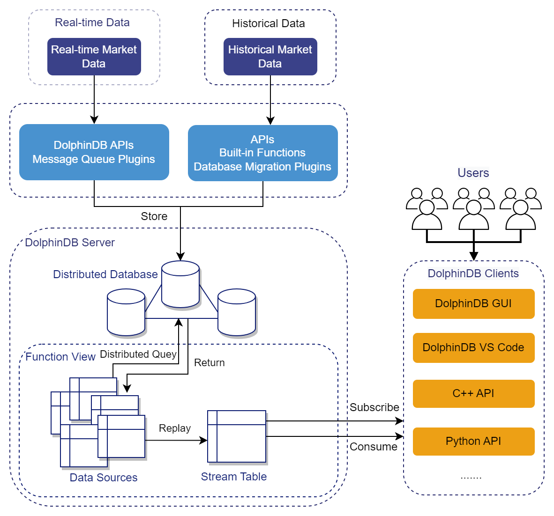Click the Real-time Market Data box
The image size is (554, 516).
(94, 57)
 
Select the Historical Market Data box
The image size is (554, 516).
(270, 57)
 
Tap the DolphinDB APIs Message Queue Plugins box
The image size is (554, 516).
(94, 152)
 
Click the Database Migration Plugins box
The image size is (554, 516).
(262, 153)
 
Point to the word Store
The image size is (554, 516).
(154, 216)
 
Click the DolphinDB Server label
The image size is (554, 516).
(70, 243)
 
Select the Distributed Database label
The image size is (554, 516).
(105, 274)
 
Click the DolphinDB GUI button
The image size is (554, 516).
(473, 304)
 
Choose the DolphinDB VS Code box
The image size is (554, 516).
(473, 348)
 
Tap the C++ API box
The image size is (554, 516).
(473, 394)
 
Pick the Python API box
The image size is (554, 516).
(473, 442)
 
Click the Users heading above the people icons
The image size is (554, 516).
(473, 173)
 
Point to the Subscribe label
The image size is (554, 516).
(374, 407)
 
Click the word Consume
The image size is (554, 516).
(373, 447)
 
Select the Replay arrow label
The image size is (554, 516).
(175, 428)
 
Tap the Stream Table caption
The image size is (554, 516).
(233, 477)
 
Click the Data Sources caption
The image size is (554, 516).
(104, 478)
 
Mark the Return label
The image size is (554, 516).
(209, 363)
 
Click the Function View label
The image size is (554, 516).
(60, 357)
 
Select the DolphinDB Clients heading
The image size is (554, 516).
(473, 274)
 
